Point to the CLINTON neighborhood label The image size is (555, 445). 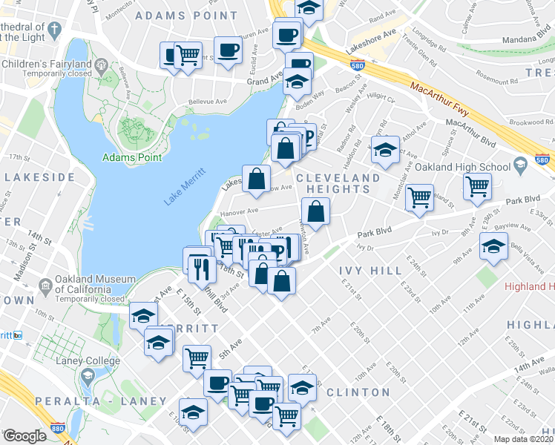[x=358, y=392]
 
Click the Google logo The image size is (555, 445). [x=24, y=436]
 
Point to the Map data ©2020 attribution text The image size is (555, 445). [x=524, y=438]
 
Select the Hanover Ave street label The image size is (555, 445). [x=239, y=211]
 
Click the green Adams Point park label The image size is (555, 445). [x=132, y=157]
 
